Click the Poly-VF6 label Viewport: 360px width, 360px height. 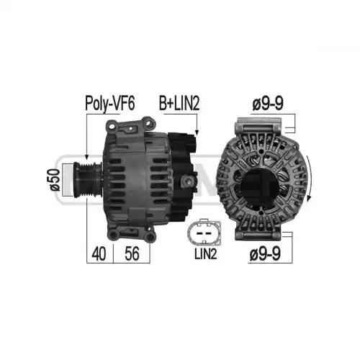[110, 104]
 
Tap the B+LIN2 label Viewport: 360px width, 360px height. [179, 104]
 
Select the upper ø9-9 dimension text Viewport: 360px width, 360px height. [268, 104]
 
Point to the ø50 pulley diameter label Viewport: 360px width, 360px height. [55, 179]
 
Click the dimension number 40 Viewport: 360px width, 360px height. [99, 253]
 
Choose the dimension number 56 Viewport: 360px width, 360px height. [132, 253]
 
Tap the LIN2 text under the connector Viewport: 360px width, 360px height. [206, 254]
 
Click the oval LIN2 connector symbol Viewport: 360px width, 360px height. [204, 232]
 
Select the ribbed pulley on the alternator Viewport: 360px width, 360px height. [88, 179]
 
